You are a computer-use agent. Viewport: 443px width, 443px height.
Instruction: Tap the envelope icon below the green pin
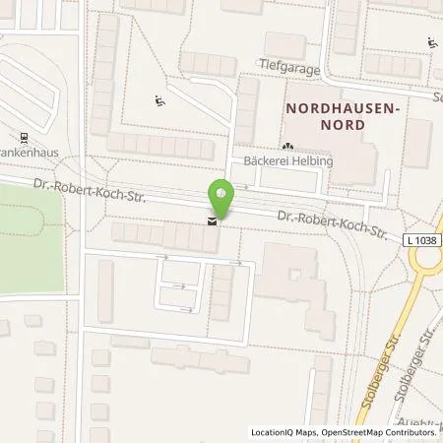(212, 222)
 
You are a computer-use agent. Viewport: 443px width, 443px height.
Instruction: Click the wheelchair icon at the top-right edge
(432, 41)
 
